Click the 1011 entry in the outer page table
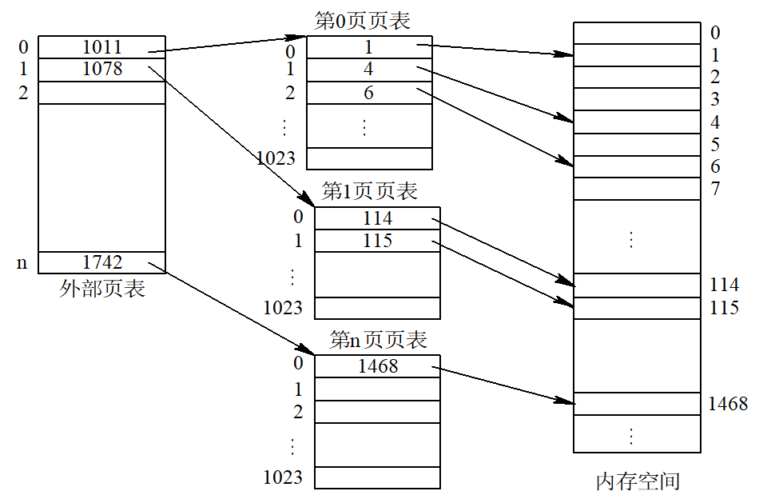101,47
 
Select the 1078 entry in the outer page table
101,70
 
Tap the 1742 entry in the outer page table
101,262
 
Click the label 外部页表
102,289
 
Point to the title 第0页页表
362,21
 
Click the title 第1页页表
369,191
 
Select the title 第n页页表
378,340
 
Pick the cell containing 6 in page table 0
369,93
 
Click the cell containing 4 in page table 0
369,70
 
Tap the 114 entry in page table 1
377,218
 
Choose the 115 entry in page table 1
377,241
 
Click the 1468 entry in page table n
377,366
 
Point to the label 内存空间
638,481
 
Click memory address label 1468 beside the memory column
728,404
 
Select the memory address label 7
716,189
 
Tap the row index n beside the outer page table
22,264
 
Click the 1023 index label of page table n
283,477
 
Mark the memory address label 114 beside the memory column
724,285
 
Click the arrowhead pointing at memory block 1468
566,401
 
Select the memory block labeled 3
637,99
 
